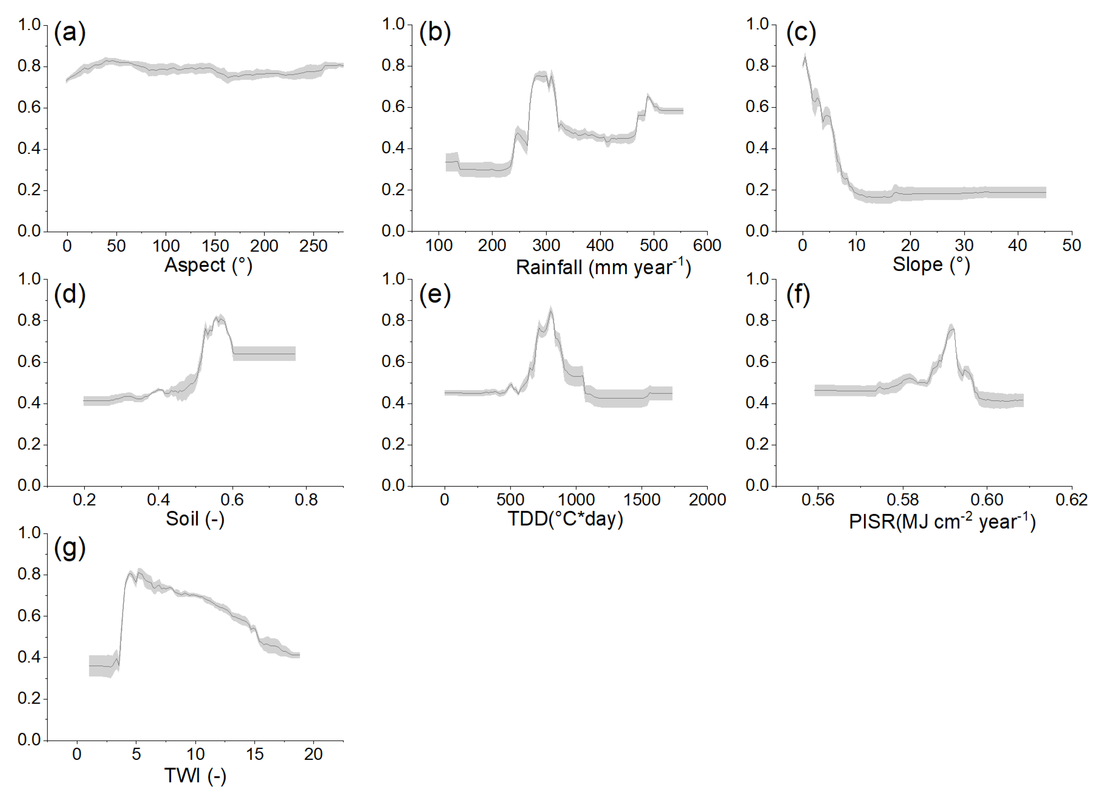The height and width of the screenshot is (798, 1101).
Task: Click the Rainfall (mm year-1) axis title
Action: [603, 267]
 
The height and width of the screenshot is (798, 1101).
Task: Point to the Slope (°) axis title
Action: [931, 265]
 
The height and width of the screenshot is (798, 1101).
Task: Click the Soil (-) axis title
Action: [195, 519]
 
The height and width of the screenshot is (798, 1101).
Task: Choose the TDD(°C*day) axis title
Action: [565, 519]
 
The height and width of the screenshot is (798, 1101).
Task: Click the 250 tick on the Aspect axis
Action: [313, 246]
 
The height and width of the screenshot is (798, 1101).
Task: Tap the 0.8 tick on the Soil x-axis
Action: [306, 500]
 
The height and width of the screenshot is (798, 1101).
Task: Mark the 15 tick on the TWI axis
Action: [254, 754]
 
